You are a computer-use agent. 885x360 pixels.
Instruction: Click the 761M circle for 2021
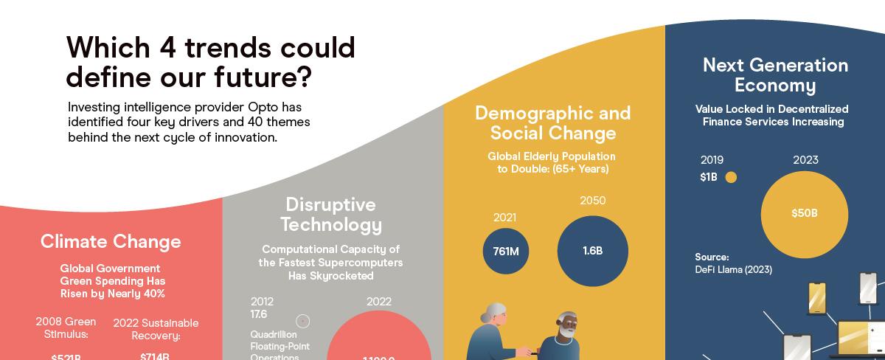coord(506,251)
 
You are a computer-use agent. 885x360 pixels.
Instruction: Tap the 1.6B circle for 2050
coord(592,251)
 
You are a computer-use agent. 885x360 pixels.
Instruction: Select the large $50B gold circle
coord(804,213)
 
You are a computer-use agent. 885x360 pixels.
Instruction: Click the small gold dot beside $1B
coord(731,177)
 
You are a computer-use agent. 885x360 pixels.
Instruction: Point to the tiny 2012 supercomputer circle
coord(302,321)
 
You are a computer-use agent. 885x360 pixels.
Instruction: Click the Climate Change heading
coord(111,241)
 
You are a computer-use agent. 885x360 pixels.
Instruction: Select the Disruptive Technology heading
coord(330,215)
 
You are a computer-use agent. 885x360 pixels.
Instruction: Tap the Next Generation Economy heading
coord(775,75)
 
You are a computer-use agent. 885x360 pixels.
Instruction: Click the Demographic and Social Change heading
coord(552,123)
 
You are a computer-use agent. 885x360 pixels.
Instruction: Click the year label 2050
coord(593,200)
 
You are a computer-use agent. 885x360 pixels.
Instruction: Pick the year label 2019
coord(712,160)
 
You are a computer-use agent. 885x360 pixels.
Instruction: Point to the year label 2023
coord(805,160)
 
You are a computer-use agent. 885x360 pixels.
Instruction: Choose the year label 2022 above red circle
coord(378,301)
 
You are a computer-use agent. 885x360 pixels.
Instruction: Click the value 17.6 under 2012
coord(258,314)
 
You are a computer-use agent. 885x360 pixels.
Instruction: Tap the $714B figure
coord(155,356)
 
